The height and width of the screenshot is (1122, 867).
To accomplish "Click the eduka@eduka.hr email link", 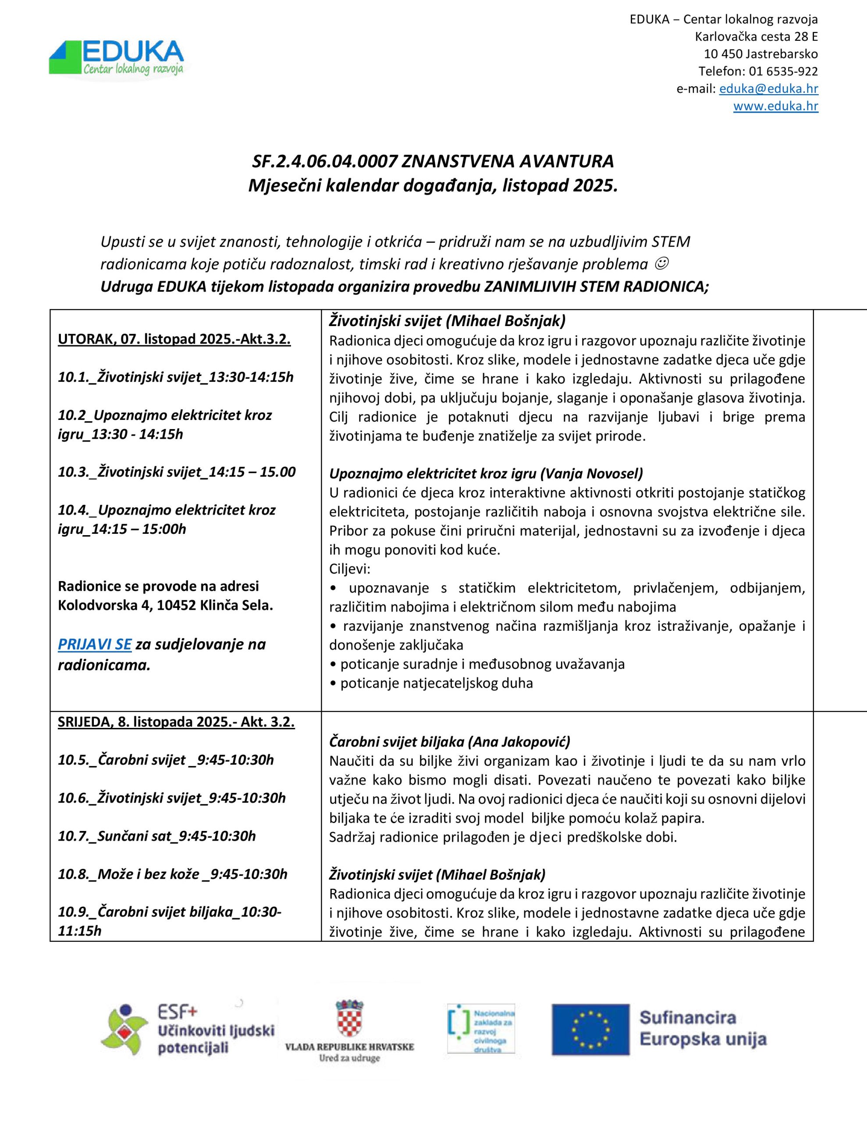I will (x=768, y=89).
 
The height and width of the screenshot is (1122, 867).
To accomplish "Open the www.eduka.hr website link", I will (x=775, y=107).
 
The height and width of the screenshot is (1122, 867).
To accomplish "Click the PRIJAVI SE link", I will (x=95, y=644).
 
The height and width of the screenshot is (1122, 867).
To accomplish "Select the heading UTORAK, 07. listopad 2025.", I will (x=174, y=340).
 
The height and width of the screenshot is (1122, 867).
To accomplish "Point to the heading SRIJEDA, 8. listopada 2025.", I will (x=176, y=722).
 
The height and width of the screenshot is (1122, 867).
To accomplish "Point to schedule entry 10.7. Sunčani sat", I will (x=157, y=836).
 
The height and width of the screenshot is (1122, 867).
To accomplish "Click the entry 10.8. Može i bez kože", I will (x=173, y=874).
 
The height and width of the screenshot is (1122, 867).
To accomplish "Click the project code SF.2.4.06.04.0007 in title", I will (x=325, y=162).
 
